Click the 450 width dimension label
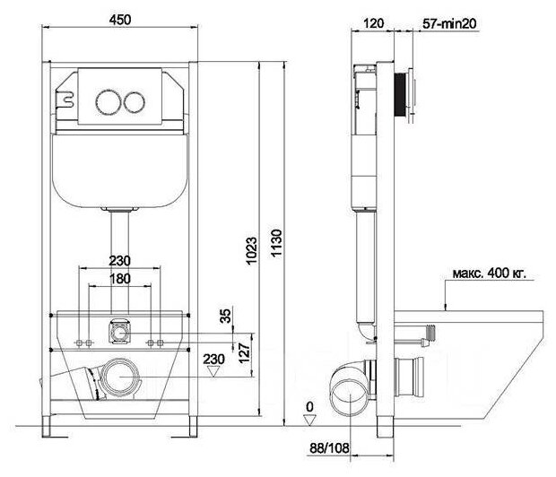120,20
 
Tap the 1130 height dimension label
276,243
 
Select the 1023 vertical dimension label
252,251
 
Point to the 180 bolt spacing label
120,279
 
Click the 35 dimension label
225,316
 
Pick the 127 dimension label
244,352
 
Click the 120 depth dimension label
374,23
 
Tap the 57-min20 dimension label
449,24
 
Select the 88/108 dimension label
329,448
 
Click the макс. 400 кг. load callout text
490,273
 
